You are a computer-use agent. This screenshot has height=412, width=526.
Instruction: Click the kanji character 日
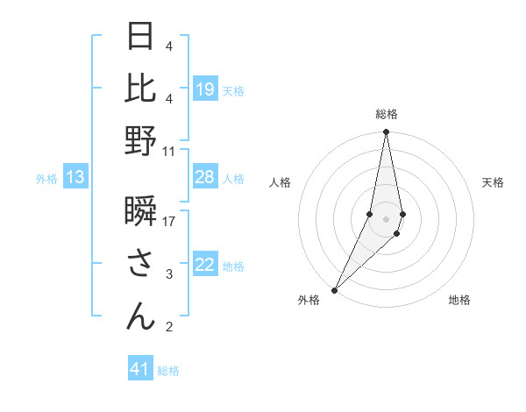[140, 38]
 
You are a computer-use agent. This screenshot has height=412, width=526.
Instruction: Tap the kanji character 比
[140, 89]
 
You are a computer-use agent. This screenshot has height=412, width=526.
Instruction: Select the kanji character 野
[140, 141]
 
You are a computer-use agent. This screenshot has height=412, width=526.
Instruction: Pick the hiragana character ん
[140, 316]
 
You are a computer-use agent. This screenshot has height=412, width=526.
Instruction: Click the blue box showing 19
[205, 89]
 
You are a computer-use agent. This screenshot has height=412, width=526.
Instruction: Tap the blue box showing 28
[205, 178]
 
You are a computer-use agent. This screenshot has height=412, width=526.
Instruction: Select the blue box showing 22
[205, 266]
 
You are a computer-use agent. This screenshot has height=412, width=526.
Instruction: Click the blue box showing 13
[75, 178]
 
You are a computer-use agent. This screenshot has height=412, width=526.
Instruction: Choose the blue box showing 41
[140, 369]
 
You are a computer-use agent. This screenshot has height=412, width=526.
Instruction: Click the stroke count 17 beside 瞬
[169, 222]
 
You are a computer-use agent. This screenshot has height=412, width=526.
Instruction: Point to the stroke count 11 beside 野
[169, 151]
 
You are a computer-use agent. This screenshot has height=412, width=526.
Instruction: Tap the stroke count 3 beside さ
[169, 275]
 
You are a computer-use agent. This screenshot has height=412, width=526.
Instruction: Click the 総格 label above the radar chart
[386, 114]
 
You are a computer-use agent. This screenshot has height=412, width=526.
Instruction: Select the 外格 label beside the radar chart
[309, 301]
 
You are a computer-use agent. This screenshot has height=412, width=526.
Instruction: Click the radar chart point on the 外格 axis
[334, 289]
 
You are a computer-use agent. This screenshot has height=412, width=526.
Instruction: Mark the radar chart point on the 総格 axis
[386, 132]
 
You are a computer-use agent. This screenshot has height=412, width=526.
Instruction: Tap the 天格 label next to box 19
[233, 90]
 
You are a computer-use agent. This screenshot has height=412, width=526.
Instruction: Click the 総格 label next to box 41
[168, 371]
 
